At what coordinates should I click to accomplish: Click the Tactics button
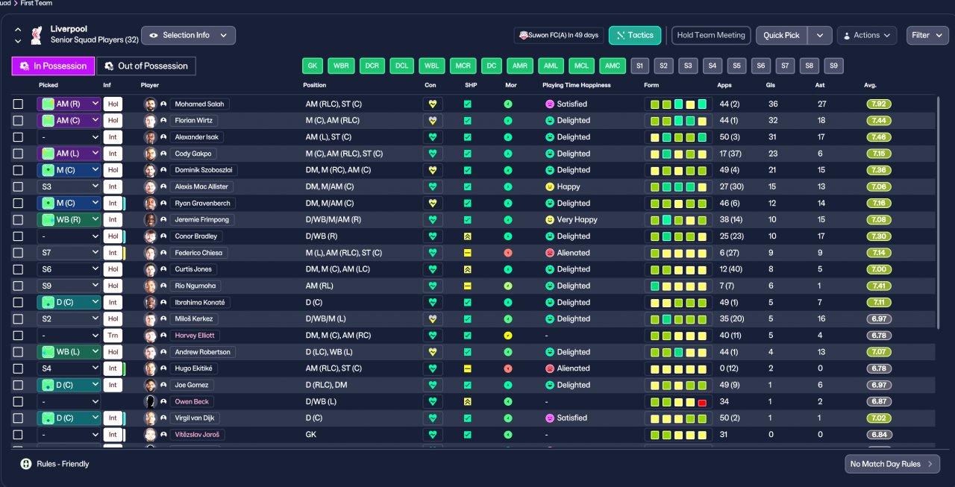pyautogui.click(x=635, y=35)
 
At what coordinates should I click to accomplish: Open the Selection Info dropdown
pyautogui.click(x=188, y=35)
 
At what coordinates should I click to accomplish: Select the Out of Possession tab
pyautogui.click(x=146, y=66)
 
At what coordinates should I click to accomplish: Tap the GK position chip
pyautogui.click(x=313, y=66)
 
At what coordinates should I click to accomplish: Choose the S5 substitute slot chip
pyautogui.click(x=736, y=66)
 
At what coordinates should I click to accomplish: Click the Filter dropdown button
pyautogui.click(x=927, y=35)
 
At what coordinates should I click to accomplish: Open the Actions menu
pyautogui.click(x=867, y=35)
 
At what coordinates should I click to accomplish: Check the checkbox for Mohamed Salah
pyautogui.click(x=18, y=104)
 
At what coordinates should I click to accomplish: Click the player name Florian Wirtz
pyautogui.click(x=193, y=121)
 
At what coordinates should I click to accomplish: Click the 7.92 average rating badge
pyautogui.click(x=879, y=104)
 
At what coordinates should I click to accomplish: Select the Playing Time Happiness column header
pyautogui.click(x=577, y=85)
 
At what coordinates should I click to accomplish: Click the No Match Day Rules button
pyautogui.click(x=892, y=464)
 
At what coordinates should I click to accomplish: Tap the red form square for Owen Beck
pyautogui.click(x=702, y=402)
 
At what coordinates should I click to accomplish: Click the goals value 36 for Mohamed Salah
pyautogui.click(x=773, y=104)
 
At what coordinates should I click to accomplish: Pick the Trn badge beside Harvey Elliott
pyautogui.click(x=113, y=336)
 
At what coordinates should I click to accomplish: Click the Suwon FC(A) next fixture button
pyautogui.click(x=559, y=35)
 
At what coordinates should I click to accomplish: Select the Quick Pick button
pyautogui.click(x=781, y=35)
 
